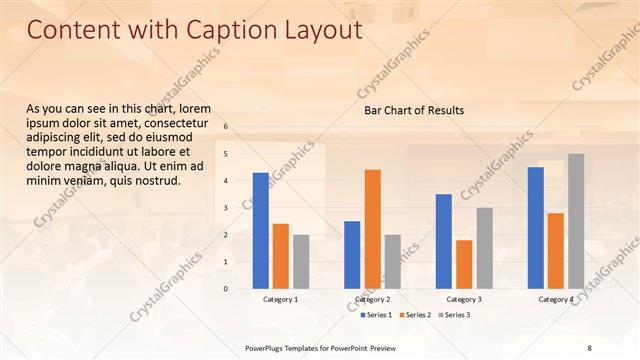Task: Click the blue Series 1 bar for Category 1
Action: [261, 231]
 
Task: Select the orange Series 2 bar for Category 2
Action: [372, 229]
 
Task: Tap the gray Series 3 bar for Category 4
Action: [576, 221]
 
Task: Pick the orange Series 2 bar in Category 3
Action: [464, 264]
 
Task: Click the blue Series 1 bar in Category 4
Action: [536, 228]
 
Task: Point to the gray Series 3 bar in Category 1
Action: [301, 262]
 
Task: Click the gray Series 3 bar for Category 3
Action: [484, 248]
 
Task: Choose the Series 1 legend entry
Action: [376, 315]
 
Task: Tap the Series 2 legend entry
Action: [415, 315]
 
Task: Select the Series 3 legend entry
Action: [454, 315]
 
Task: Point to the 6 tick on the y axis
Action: [226, 127]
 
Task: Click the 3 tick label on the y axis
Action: [226, 208]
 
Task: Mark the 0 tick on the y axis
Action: [226, 289]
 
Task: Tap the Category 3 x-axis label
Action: [464, 300]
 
